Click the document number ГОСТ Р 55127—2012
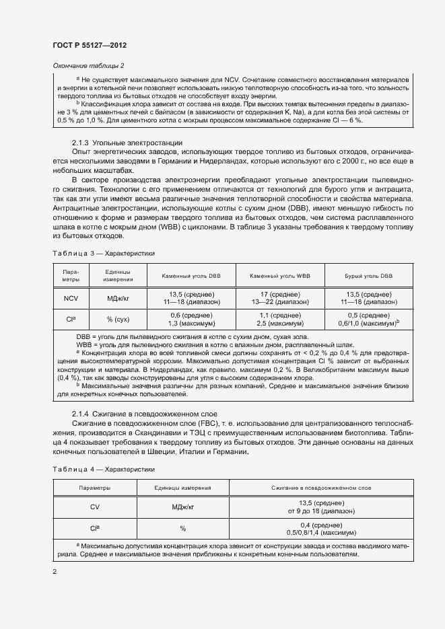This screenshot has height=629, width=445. [x=90, y=45]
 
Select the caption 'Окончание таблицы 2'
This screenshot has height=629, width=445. [x=88, y=65]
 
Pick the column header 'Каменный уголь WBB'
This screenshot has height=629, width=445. [x=280, y=276]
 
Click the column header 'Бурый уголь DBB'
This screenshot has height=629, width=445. [x=369, y=276]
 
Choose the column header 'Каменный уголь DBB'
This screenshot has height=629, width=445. [x=191, y=276]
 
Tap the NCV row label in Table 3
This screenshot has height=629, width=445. [x=72, y=299]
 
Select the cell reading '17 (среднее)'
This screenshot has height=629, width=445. [x=280, y=295]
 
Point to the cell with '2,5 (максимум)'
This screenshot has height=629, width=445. [x=280, y=324]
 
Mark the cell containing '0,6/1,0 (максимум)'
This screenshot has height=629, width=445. [x=369, y=324]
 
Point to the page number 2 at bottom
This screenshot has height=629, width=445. [x=55, y=572]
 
